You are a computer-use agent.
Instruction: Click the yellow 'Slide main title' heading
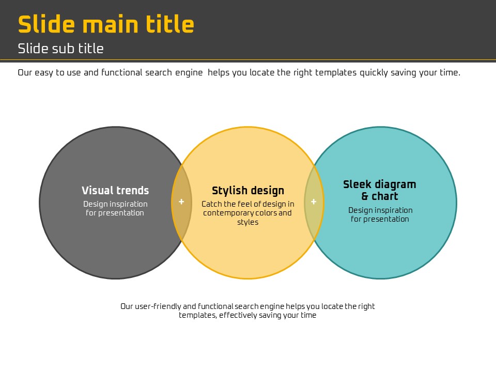coord(106,24)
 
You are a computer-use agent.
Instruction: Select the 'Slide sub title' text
coord(61,49)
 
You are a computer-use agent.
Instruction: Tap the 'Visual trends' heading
coord(115,191)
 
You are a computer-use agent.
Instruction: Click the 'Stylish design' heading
coord(248,191)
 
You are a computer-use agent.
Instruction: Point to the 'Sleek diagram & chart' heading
coord(380,190)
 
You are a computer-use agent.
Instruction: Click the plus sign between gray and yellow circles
coord(181,202)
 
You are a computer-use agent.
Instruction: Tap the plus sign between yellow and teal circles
coord(314,202)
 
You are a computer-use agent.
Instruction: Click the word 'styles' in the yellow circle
coord(247,222)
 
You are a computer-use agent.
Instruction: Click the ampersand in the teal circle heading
coord(365,196)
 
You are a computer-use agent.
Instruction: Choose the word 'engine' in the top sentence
coord(189,73)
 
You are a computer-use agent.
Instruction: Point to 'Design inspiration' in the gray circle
coord(115,204)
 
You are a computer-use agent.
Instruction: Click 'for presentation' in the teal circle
coord(380,219)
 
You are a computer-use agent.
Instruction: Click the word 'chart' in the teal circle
coord(384,196)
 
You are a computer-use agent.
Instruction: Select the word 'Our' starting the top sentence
coord(25,73)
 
